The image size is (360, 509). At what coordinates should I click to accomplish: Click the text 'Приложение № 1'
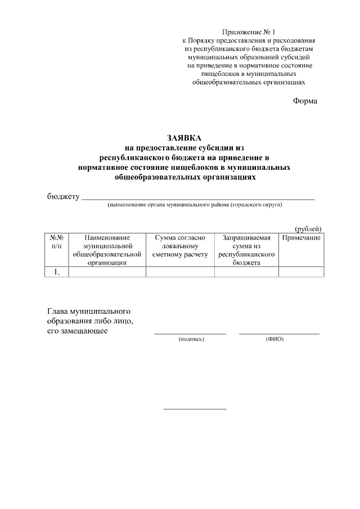[250, 32]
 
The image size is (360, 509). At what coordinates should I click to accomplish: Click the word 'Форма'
[305, 101]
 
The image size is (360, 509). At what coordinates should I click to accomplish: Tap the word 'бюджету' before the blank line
[63, 197]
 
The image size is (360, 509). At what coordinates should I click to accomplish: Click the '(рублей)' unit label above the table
[308, 228]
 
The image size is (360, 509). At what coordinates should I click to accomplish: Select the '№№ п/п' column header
[56, 242]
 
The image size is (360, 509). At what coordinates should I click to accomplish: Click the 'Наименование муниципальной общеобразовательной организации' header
[107, 250]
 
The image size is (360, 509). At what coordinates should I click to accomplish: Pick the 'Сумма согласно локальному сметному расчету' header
[180, 246]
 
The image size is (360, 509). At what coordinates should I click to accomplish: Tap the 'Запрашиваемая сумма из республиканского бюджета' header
[246, 250]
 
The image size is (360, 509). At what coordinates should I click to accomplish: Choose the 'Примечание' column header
[301, 238]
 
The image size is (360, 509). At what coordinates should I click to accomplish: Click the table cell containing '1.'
[56, 272]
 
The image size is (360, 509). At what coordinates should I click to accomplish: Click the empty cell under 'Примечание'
[301, 272]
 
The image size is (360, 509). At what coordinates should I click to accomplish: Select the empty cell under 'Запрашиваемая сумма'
[246, 272]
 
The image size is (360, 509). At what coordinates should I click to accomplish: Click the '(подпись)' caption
[191, 339]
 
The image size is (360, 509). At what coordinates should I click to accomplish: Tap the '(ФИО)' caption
[274, 339]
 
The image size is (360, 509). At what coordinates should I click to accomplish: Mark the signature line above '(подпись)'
[190, 334]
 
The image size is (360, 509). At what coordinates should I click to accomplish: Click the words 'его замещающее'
[78, 331]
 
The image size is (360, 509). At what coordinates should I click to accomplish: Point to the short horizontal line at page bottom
[195, 408]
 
